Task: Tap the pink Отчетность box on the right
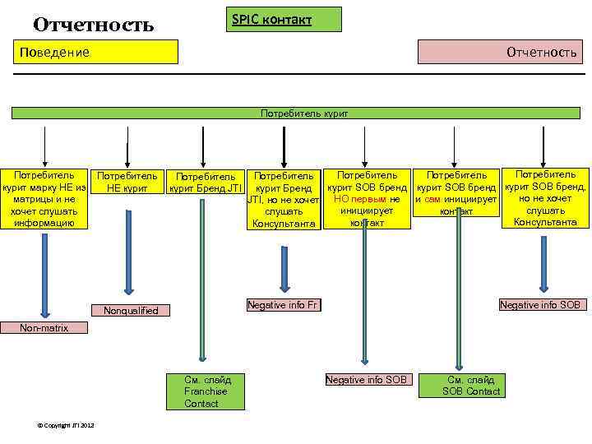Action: (x=501, y=52)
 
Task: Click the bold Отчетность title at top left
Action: (x=93, y=25)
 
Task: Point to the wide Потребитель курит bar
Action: (x=303, y=112)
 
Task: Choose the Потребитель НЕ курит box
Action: (x=127, y=182)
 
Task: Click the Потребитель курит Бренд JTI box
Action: (x=205, y=182)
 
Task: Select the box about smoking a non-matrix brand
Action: (x=45, y=199)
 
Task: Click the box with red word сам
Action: (x=456, y=192)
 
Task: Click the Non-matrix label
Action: (x=44, y=328)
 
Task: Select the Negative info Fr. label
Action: (x=283, y=305)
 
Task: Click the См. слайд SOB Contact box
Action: (x=471, y=385)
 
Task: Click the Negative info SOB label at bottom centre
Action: (x=366, y=380)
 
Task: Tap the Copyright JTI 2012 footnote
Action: (x=67, y=425)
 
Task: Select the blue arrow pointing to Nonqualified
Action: (x=127, y=261)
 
